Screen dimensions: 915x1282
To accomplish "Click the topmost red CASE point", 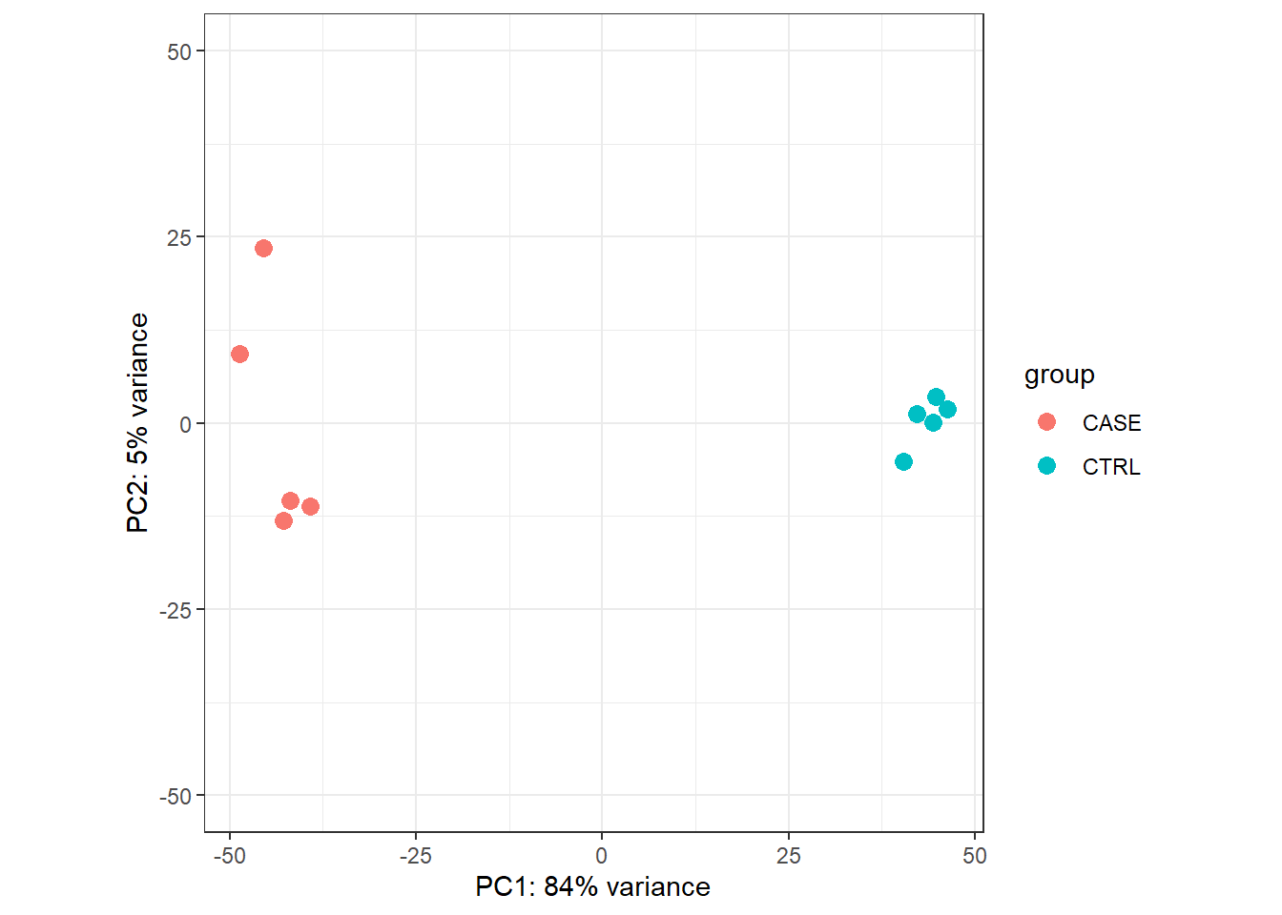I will (264, 249).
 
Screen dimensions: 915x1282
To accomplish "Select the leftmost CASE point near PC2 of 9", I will (239, 355).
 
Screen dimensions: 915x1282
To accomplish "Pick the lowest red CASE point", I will (283, 520).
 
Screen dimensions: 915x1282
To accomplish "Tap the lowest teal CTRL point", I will (903, 462).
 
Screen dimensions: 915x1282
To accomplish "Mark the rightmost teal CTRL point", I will (947, 410).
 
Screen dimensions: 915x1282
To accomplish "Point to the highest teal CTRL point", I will (936, 396).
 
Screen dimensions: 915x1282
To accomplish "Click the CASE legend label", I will (1111, 423).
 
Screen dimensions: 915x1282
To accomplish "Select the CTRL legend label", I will (1111, 467).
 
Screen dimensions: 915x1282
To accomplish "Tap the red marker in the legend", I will (1046, 422).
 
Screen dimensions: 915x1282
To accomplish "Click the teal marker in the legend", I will (1046, 466).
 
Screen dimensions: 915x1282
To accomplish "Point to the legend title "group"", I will (1059, 375).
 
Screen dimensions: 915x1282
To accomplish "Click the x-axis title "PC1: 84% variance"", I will (592, 887).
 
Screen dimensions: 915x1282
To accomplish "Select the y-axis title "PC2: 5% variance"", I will (138, 423).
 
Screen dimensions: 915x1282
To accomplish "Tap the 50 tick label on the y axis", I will (179, 52).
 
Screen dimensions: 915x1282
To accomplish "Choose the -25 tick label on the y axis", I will (176, 610).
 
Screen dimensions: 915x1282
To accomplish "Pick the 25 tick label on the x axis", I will (788, 856).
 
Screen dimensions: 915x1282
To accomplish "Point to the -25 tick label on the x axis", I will (415, 856).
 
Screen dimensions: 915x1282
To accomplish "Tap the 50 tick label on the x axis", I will (974, 856).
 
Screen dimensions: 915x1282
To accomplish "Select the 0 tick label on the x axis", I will (601, 856).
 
